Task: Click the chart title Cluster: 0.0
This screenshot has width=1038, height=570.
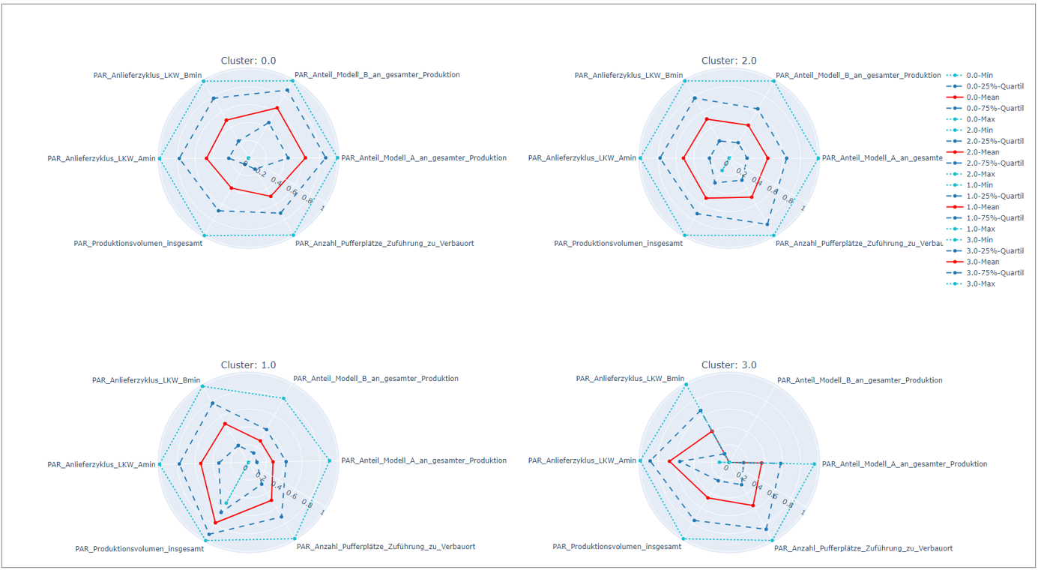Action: (x=248, y=61)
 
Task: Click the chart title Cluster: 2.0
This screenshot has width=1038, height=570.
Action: (x=728, y=61)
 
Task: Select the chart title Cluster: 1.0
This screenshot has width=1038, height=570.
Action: (x=248, y=365)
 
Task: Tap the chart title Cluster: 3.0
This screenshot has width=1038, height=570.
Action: (x=728, y=365)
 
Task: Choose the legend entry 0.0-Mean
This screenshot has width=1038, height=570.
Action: (x=983, y=97)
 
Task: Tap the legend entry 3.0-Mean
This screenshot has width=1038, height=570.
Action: (x=983, y=262)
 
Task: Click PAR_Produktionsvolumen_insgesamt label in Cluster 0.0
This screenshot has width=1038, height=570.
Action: (x=138, y=244)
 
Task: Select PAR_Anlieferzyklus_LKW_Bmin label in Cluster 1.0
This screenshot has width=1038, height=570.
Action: (x=146, y=381)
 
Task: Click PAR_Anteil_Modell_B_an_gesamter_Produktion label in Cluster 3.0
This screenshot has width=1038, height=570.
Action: (x=860, y=381)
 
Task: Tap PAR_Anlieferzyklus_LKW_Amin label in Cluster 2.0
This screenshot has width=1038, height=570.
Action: (x=582, y=158)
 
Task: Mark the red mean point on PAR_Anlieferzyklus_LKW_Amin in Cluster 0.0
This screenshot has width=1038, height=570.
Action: (x=206, y=158)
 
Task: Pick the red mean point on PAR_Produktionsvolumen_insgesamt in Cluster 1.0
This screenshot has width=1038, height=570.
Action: (x=215, y=522)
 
